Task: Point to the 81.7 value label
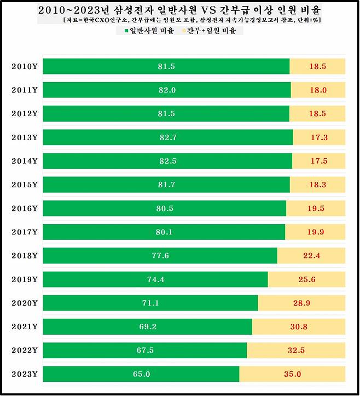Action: [x=167, y=185]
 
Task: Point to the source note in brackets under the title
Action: [x=191, y=20]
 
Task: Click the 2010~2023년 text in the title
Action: [x=74, y=9]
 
